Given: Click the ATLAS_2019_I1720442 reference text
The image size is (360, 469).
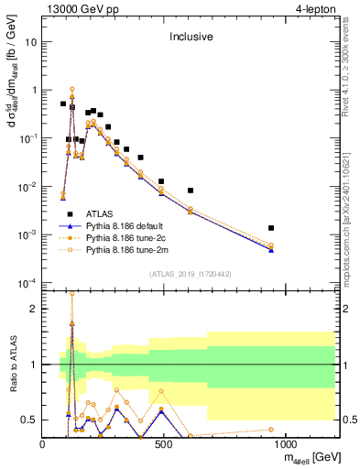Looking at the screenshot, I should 191,274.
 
